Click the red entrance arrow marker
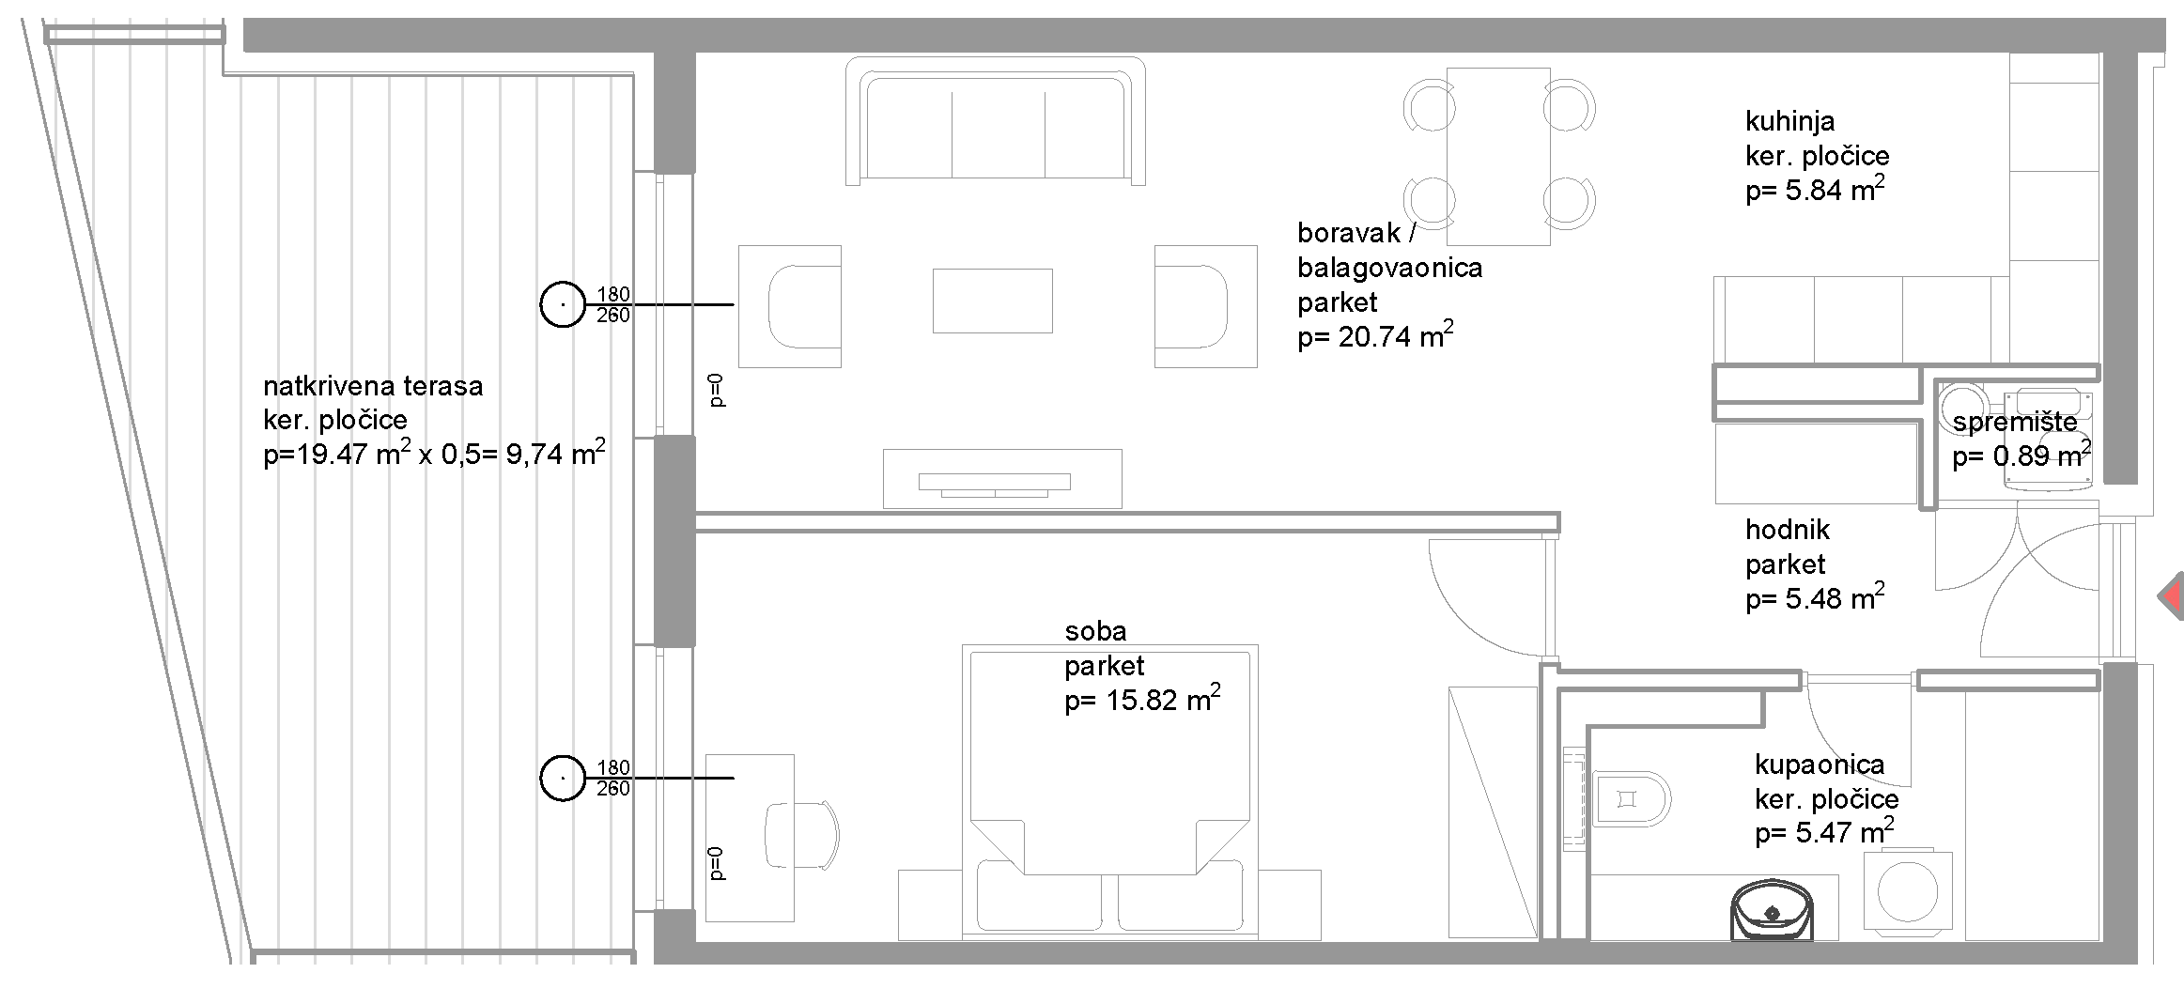point(2172,596)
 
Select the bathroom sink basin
point(1772,908)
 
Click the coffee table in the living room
point(992,301)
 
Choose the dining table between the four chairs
point(1498,156)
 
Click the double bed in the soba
point(1109,792)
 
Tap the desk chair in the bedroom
point(800,835)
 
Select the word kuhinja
point(1789,121)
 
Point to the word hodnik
point(1788,530)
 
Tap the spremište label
point(2015,423)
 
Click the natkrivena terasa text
point(373,385)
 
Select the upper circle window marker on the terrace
point(563,304)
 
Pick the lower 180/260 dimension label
point(613,779)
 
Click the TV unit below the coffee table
point(1002,479)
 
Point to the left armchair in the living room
point(790,306)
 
